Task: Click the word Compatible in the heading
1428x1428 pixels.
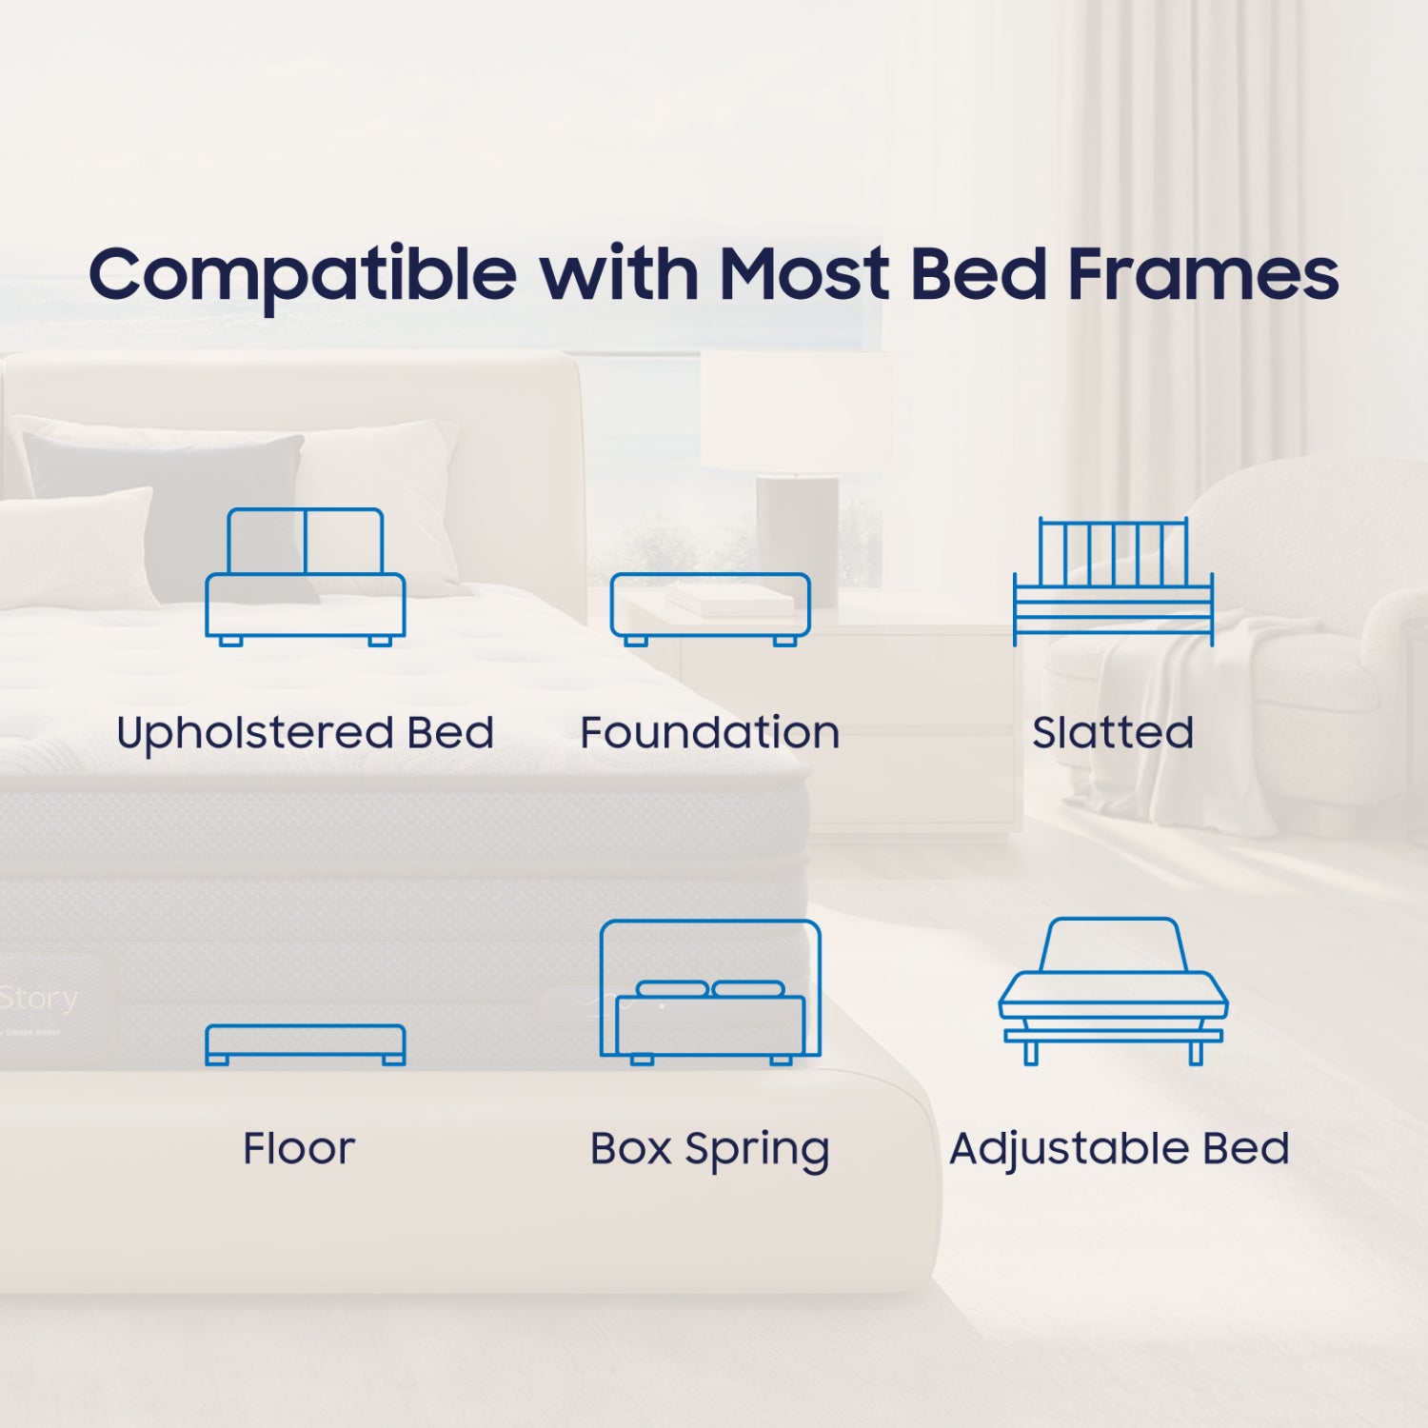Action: tap(303, 274)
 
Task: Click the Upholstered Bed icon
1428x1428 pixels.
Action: tap(306, 577)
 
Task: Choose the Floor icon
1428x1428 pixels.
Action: tap(306, 1044)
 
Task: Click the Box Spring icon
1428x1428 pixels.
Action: tap(710, 991)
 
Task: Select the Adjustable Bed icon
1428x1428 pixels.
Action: tap(1113, 990)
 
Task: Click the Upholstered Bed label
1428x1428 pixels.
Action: tap(306, 733)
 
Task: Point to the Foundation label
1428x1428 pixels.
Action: tap(710, 733)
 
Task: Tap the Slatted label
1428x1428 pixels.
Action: tap(1113, 733)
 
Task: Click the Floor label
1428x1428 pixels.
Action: tap(299, 1148)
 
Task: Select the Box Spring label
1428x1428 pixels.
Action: tap(710, 1150)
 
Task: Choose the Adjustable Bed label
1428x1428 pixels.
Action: tap(1120, 1150)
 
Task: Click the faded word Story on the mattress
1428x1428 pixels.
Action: tap(40, 999)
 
